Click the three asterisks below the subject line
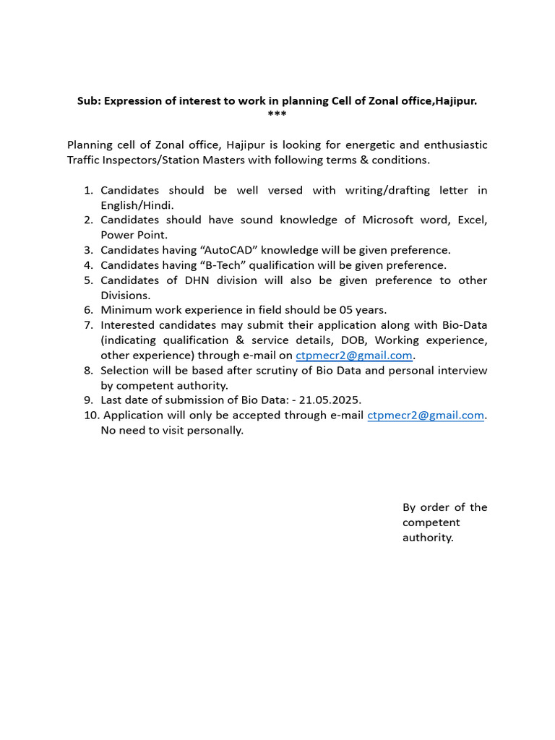[277, 115]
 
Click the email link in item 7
[354, 356]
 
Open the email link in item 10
[426, 416]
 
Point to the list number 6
[88, 310]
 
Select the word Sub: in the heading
[89, 101]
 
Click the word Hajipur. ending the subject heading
[455, 101]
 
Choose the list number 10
[90, 416]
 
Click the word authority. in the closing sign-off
[428, 538]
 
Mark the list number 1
[88, 190]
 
